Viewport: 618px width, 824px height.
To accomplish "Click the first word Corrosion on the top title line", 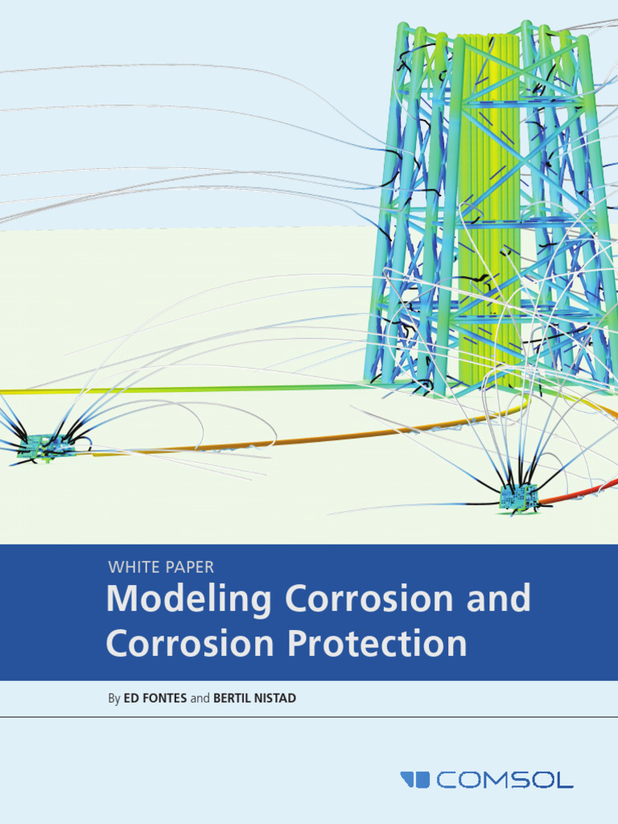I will [370, 599].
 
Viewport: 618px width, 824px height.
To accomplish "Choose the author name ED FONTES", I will [156, 698].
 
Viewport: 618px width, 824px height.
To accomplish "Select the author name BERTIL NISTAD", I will [254, 698].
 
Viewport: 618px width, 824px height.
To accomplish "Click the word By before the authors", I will [114, 698].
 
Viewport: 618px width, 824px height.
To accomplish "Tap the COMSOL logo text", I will [505, 779].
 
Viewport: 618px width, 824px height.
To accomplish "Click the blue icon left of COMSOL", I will [415, 779].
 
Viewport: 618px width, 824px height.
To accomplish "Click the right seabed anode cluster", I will [518, 496].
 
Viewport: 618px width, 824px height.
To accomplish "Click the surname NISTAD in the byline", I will [276, 698].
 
